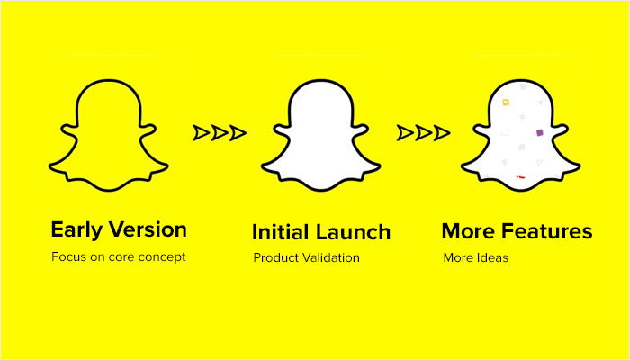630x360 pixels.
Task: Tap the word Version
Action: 147,230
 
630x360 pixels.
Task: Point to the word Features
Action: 544,232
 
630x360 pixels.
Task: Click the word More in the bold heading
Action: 467,232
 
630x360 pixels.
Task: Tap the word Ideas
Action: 492,258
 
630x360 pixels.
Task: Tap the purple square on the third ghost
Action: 540,132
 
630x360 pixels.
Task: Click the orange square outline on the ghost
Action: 506,103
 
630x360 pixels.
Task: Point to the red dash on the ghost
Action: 521,177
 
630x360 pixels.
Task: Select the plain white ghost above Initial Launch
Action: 316,135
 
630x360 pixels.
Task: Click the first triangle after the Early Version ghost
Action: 201,133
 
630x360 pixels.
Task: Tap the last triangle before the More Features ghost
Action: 443,133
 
